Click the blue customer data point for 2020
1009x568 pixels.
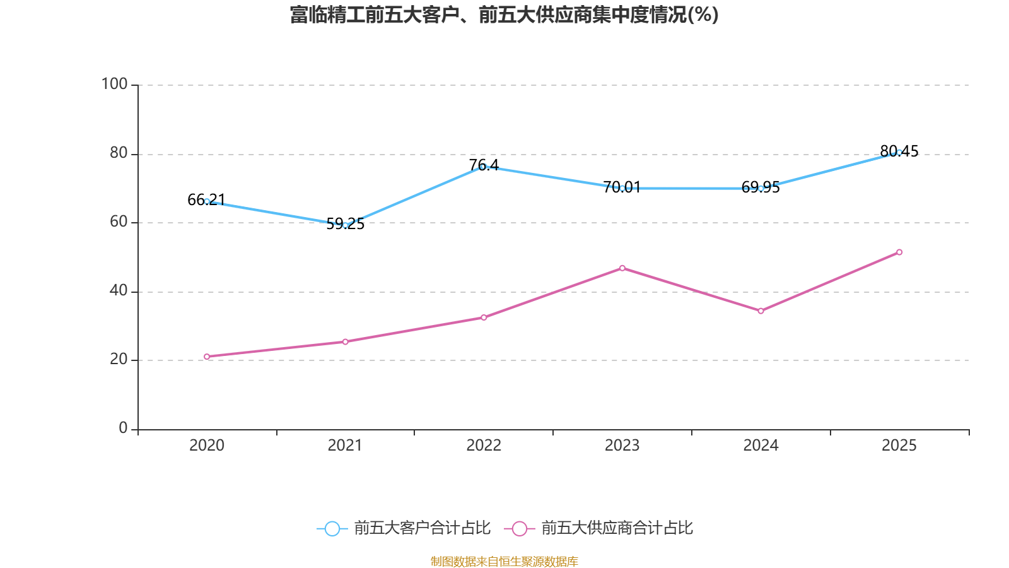(207, 201)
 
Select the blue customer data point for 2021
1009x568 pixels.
(345, 225)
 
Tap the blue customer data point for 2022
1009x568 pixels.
(483, 167)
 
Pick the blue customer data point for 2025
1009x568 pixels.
(899, 152)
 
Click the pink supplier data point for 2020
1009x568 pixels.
(207, 357)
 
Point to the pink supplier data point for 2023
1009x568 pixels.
(622, 268)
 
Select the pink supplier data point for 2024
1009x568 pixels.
(761, 311)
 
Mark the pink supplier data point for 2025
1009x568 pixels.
(899, 252)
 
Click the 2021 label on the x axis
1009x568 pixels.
(345, 446)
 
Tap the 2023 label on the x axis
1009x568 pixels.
(622, 446)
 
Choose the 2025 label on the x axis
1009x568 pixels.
(899, 446)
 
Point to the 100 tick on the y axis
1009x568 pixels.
(115, 84)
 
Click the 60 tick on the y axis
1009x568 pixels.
(119, 222)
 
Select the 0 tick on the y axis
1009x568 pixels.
(123, 428)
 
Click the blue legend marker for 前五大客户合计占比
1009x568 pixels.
(332, 529)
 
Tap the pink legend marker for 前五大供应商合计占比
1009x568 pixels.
(519, 529)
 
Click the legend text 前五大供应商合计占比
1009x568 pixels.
(617, 528)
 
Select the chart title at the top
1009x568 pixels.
(504, 15)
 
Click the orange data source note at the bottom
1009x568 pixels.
(504, 561)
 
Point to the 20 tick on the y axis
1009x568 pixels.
(119, 359)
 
